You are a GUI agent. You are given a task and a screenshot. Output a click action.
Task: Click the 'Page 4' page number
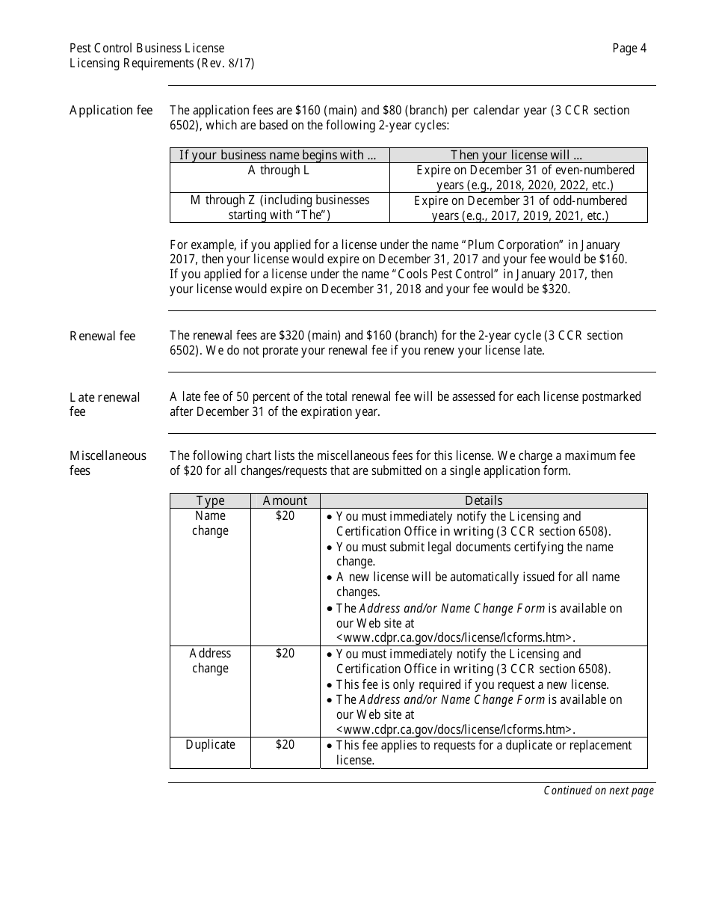(x=629, y=49)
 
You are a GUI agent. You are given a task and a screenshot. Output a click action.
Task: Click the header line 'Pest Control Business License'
(x=146, y=49)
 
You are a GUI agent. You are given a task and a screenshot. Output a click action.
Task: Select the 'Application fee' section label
(x=111, y=111)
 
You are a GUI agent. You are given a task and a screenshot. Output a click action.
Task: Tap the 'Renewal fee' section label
(x=102, y=336)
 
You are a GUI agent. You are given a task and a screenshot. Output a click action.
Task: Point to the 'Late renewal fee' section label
(x=105, y=404)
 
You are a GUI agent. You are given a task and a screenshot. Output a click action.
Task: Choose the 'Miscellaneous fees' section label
(x=108, y=463)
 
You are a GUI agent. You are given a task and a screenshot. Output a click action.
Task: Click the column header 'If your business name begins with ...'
(x=279, y=156)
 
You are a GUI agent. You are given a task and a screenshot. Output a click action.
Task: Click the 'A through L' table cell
(x=279, y=171)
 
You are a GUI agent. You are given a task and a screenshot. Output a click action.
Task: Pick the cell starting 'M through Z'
(x=280, y=207)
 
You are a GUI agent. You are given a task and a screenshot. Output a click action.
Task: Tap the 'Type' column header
(x=210, y=500)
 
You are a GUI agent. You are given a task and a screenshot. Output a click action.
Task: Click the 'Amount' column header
(x=285, y=500)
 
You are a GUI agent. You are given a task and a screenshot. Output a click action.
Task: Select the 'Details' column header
(x=484, y=500)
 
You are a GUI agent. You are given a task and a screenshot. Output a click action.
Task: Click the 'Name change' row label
(x=210, y=524)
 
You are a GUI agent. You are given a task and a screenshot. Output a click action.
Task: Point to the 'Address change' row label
(x=210, y=661)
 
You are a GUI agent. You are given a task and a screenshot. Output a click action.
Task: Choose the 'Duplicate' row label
(x=210, y=745)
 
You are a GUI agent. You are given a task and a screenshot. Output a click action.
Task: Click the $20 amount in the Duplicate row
(x=285, y=745)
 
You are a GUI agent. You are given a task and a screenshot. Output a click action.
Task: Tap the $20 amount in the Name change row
(x=285, y=516)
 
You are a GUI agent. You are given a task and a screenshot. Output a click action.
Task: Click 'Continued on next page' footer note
(x=598, y=791)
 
